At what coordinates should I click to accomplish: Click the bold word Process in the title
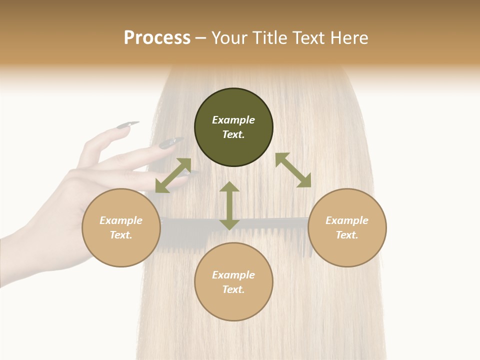[157, 38]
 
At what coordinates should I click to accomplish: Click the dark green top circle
[233, 127]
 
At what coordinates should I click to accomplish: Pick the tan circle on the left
[121, 227]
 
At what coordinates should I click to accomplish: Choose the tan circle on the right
[347, 227]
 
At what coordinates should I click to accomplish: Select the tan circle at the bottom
[233, 281]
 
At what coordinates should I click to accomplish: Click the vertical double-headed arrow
[229, 205]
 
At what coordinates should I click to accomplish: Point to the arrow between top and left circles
[173, 175]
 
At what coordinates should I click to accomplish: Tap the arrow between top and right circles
[293, 170]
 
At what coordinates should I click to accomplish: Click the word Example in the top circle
[233, 120]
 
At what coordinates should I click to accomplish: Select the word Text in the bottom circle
[232, 289]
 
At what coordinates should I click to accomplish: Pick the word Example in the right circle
[347, 220]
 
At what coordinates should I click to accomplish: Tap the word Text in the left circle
[120, 235]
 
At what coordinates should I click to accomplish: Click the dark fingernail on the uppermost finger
[128, 124]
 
